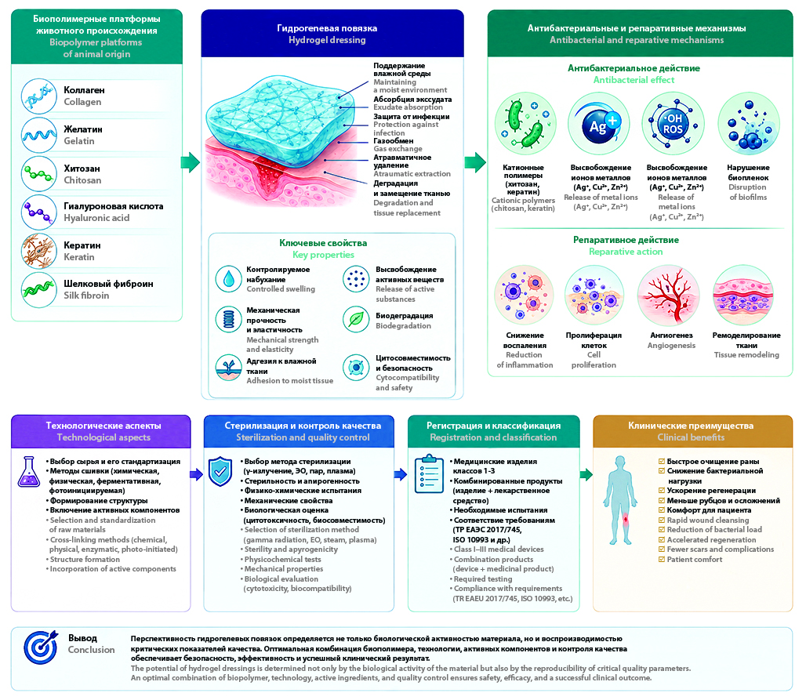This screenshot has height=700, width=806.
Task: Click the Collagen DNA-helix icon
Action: (39, 96)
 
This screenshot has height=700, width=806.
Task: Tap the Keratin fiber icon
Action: (39, 251)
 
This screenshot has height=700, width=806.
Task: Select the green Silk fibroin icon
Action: (39, 290)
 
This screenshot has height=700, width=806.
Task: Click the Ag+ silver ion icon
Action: (599, 123)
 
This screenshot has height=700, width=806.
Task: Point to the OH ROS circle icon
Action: (673, 123)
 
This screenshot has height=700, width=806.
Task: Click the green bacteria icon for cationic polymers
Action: (525, 123)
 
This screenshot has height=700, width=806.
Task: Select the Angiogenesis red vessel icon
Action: (668, 296)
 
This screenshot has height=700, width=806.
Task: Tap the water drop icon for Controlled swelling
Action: (229, 278)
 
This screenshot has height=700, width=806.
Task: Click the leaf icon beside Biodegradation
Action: (356, 320)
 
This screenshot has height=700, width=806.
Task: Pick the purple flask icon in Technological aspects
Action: (29, 472)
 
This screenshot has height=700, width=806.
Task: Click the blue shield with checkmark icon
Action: (220, 471)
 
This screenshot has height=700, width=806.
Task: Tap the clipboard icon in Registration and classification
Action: (429, 474)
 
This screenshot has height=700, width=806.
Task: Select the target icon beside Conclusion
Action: (41, 647)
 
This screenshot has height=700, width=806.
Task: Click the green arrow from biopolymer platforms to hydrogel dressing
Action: (191, 162)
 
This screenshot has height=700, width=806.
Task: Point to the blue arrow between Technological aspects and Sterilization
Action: (196, 474)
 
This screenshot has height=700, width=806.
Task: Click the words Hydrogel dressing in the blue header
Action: (327, 40)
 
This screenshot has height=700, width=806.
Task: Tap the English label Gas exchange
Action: (398, 149)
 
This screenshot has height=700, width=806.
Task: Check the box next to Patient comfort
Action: (662, 559)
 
